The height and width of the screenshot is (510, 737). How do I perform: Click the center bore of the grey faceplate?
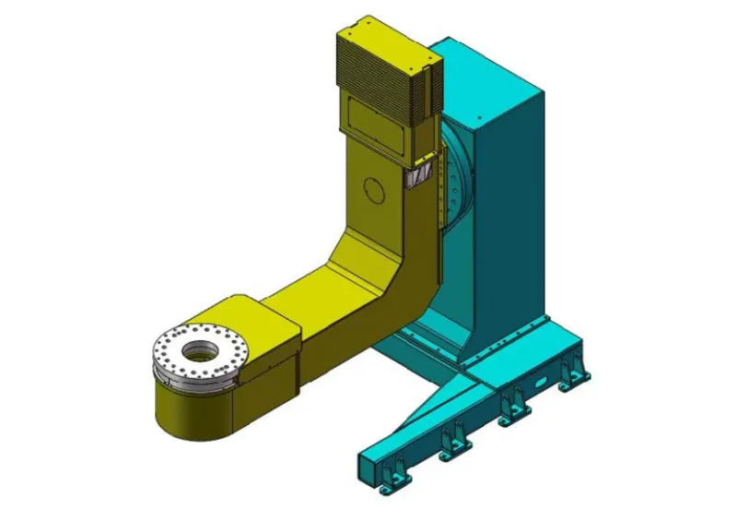click(196, 350)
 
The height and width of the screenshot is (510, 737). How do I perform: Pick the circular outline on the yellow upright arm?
click(373, 188)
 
